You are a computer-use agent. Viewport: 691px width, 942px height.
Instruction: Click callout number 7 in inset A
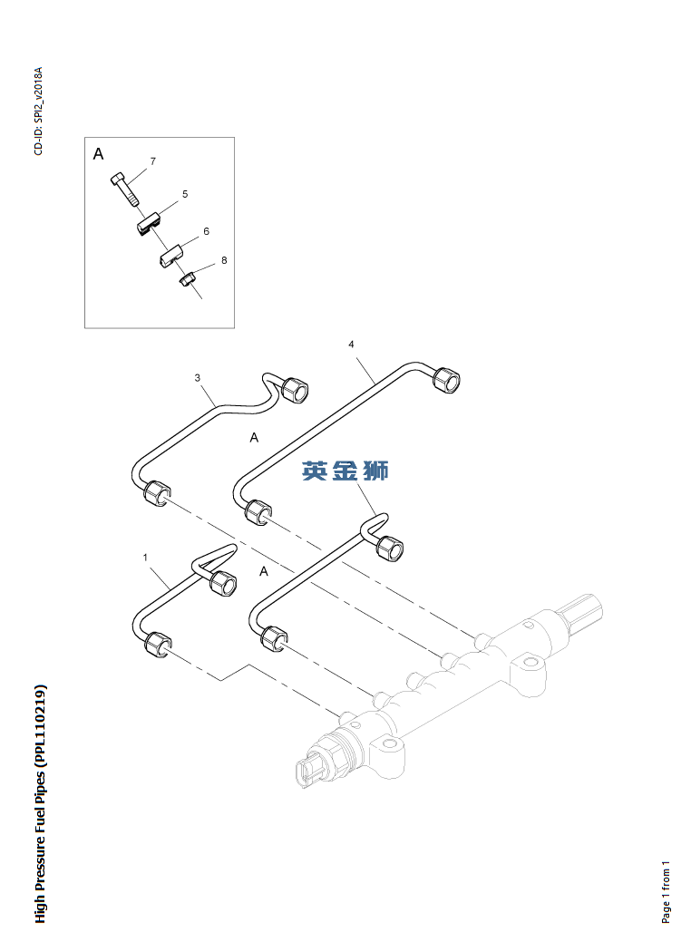[x=152, y=161]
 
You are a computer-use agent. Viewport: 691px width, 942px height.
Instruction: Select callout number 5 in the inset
[x=185, y=194]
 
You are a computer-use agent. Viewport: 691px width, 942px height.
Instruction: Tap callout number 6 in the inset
[x=206, y=231]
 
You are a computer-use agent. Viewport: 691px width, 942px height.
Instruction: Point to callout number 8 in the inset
[x=224, y=260]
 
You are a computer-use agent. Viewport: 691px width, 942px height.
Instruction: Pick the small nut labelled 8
[x=186, y=280]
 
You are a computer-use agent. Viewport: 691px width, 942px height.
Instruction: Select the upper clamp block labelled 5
[x=148, y=222]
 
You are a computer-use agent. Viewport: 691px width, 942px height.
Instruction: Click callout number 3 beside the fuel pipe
[x=197, y=377]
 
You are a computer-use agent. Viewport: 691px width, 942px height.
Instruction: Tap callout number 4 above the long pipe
[x=351, y=345]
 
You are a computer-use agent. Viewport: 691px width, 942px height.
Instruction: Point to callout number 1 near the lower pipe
[x=144, y=558]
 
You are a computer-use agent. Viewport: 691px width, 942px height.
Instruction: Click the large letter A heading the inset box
[x=98, y=155]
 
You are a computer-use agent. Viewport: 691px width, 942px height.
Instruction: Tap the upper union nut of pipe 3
[x=295, y=389]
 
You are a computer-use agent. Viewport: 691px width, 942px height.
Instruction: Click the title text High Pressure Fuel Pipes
[x=40, y=803]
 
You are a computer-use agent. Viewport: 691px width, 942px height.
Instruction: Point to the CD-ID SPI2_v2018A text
[x=38, y=111]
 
